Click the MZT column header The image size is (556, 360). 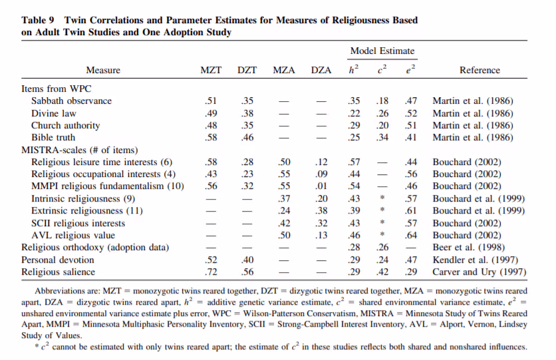point(211,71)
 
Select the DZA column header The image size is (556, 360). point(321,71)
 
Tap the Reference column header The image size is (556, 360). point(480,71)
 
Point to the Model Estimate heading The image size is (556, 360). point(382,51)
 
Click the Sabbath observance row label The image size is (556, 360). point(71,101)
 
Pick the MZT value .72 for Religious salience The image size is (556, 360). point(211,271)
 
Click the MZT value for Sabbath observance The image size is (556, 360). point(211,101)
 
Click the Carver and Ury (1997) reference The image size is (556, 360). point(479,271)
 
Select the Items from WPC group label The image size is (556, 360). point(57,89)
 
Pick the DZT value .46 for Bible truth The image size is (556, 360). point(247,138)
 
